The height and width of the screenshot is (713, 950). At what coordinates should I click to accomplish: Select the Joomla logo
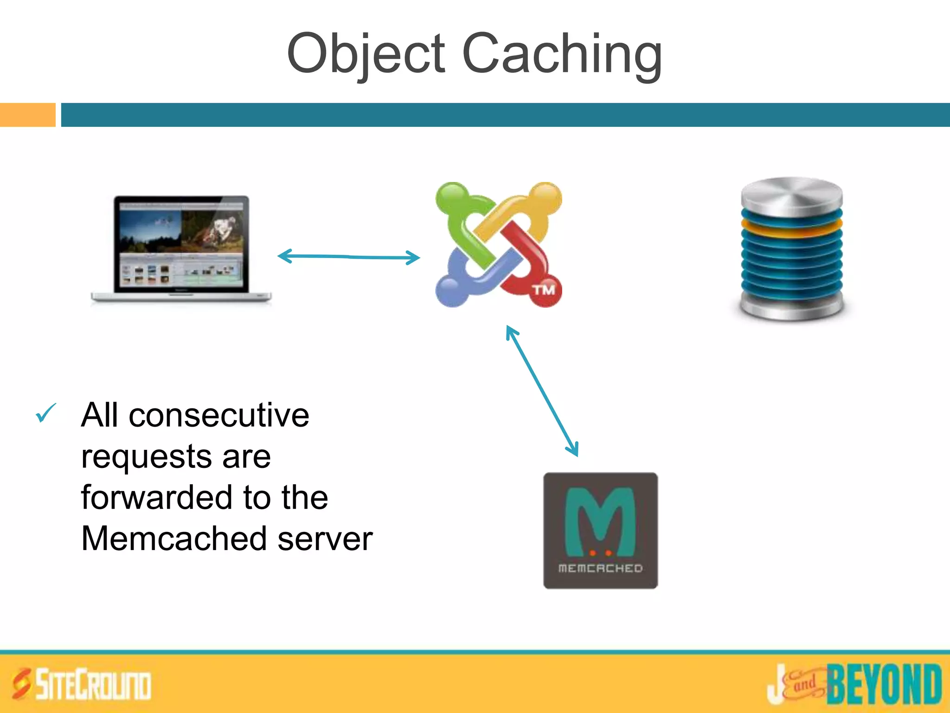point(499,245)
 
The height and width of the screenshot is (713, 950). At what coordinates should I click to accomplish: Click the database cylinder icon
point(792,249)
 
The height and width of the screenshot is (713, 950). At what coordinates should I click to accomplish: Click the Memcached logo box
point(600,531)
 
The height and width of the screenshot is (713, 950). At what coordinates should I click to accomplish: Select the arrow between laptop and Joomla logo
point(348,256)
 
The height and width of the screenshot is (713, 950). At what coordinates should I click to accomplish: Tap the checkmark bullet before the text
point(46,413)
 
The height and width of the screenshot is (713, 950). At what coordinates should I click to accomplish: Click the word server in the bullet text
point(325,538)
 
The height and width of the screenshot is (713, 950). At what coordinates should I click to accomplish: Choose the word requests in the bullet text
point(147,457)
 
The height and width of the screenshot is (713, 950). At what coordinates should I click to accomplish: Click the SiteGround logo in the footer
point(82,684)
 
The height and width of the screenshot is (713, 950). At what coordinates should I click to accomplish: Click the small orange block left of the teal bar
point(27,115)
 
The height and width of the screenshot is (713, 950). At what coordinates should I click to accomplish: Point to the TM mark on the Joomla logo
point(544,290)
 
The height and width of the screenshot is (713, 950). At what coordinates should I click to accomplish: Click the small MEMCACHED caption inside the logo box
point(600,568)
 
